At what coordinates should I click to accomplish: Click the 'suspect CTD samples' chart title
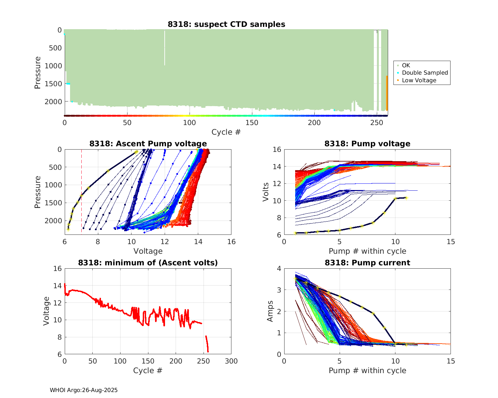[x=226, y=24]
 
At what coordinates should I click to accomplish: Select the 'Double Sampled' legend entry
[x=425, y=73]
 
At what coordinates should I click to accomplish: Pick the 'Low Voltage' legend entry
[x=419, y=80]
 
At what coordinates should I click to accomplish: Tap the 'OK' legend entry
[x=406, y=65]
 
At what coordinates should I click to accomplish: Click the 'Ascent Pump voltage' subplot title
[x=148, y=144]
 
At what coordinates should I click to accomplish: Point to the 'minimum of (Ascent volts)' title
[x=148, y=263]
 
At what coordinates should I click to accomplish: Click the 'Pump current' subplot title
[x=367, y=263]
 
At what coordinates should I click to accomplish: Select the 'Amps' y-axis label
[x=270, y=311]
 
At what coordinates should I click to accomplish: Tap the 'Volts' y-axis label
[x=266, y=192]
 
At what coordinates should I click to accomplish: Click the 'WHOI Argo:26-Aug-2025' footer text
[x=84, y=390]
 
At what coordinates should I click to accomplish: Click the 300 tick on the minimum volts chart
[x=231, y=361]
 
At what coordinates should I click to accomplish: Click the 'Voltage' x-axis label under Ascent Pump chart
[x=148, y=251]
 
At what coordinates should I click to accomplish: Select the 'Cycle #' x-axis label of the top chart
[x=226, y=132]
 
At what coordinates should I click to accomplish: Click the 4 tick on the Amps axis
[x=279, y=268]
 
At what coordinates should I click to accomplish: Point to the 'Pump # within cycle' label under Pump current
[x=367, y=370]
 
